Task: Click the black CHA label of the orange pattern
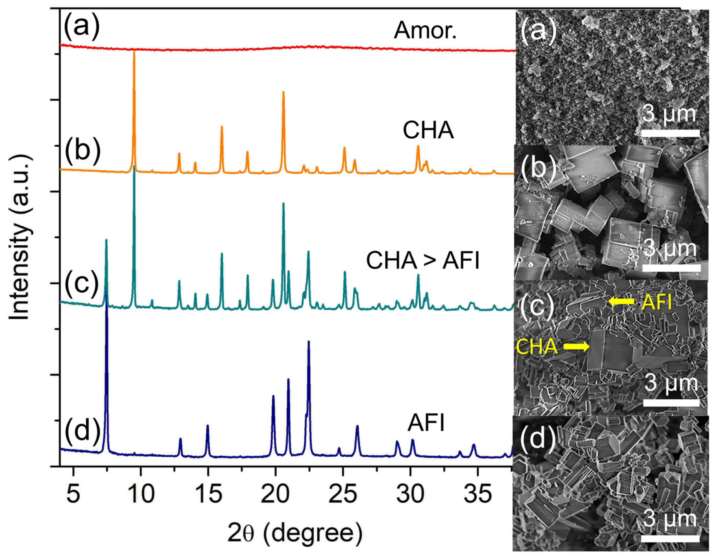point(428,130)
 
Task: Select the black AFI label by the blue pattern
point(426,423)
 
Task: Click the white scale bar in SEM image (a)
point(670,133)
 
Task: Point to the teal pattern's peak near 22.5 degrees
point(308,251)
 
